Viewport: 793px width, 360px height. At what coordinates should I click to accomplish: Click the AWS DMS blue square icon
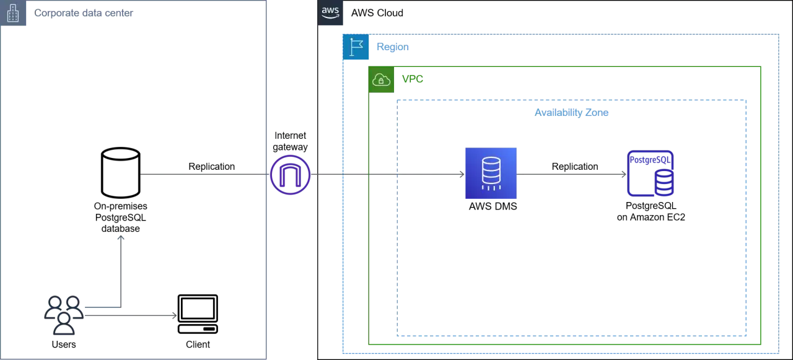[x=491, y=173]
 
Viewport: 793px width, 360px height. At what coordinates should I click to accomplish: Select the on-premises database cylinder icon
[x=121, y=172]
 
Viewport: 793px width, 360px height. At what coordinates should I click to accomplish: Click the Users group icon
[x=64, y=315]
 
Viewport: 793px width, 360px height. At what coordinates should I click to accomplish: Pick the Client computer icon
[x=198, y=314]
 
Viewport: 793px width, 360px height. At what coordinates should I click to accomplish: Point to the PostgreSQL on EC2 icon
[x=651, y=173]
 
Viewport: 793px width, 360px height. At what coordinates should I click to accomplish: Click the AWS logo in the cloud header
[x=330, y=13]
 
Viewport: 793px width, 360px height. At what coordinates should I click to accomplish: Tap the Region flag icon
[x=356, y=46]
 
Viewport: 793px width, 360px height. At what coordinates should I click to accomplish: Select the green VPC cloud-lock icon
[x=381, y=80]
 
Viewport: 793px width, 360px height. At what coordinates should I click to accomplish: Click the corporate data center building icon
[x=13, y=13]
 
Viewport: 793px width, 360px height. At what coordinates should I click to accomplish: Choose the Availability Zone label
[x=571, y=113]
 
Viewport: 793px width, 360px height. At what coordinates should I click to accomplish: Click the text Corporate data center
[x=84, y=13]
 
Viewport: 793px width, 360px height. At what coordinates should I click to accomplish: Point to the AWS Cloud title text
[x=377, y=13]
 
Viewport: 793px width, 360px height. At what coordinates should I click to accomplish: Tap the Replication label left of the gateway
[x=211, y=167]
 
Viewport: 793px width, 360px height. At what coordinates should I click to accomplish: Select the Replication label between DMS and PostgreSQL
[x=575, y=167]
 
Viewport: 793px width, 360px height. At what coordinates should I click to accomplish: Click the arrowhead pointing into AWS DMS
[x=462, y=174]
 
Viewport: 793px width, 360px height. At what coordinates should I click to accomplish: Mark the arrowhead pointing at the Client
[x=174, y=315]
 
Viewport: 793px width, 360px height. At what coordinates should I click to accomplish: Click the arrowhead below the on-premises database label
[x=121, y=238]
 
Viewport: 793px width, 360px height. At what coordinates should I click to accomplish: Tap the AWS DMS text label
[x=493, y=206]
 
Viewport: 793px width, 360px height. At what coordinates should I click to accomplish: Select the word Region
[x=393, y=46]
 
